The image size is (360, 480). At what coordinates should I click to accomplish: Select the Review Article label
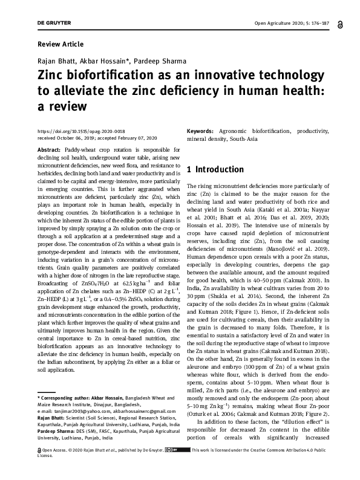click(x=61, y=45)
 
